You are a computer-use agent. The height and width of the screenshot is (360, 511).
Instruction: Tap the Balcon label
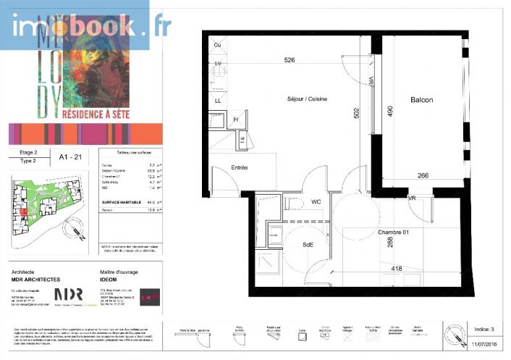[421, 101]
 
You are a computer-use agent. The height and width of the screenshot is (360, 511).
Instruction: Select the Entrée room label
[240, 167]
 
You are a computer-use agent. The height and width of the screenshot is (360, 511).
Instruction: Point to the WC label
[316, 201]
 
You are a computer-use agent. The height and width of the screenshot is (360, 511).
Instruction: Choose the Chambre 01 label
[394, 232]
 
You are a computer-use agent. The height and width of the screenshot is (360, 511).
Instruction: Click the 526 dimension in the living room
[290, 59]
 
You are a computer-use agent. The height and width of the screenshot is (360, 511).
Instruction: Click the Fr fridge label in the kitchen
[236, 120]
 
